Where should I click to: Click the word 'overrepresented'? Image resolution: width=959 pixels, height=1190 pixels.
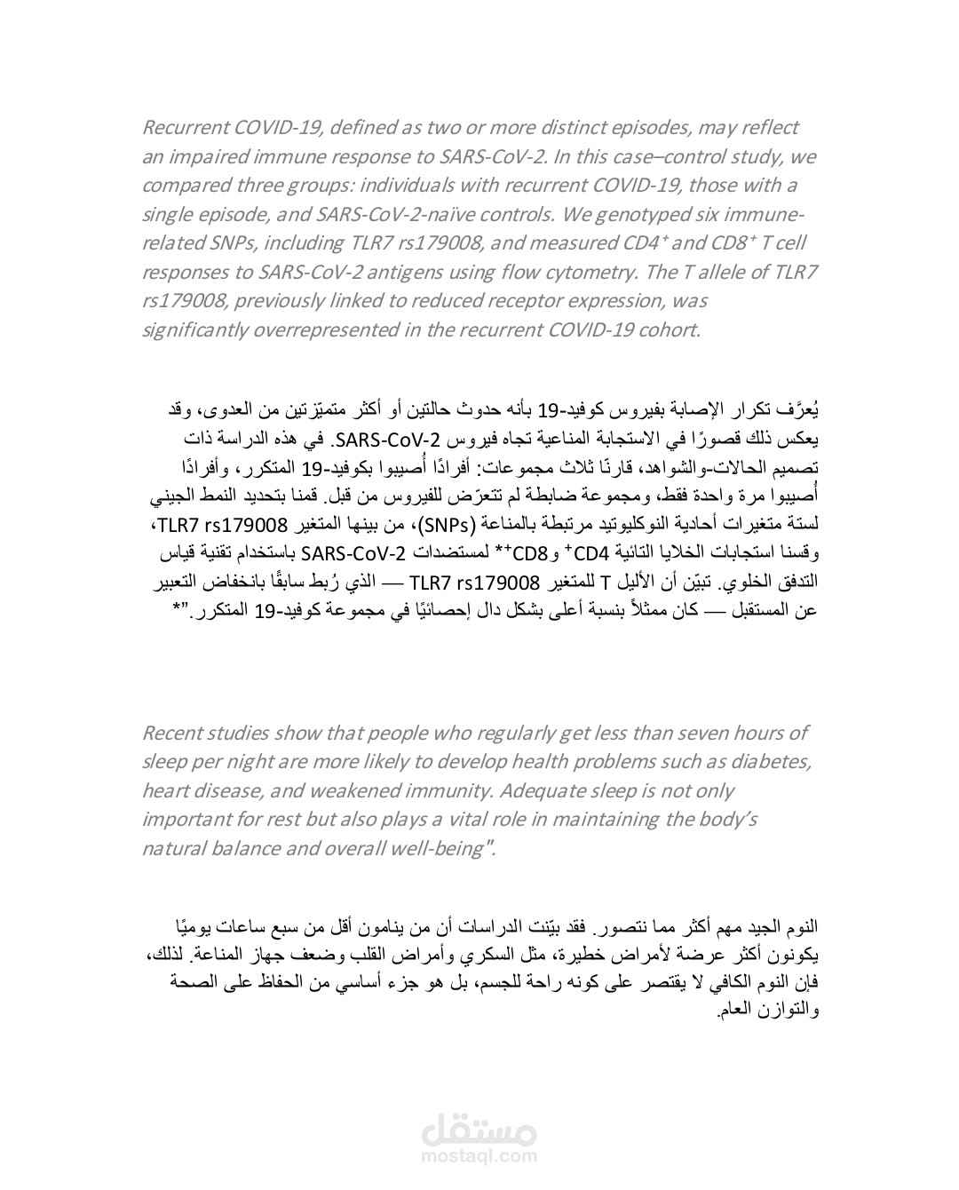point(321,330)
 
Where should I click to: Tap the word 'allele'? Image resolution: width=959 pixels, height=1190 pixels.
point(710,272)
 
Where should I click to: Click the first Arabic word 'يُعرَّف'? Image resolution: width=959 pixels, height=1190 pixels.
point(796,410)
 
